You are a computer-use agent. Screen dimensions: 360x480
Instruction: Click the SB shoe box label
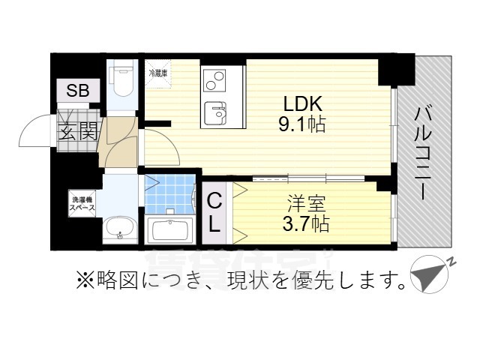[78, 91]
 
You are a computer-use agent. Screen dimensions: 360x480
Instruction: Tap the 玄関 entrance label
[78, 133]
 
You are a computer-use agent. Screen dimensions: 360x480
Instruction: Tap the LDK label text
[303, 103]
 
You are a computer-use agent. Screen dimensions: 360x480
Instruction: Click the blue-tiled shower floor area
[169, 193]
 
